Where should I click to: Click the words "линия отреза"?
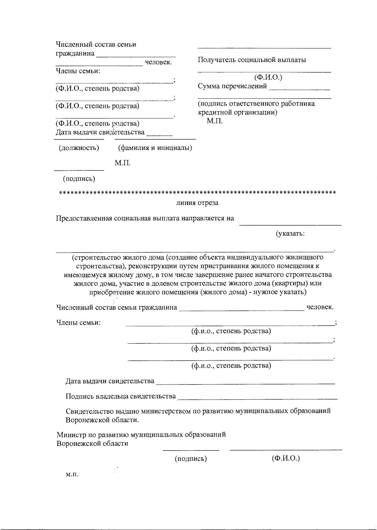[197, 203]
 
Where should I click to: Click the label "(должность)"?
[79, 148]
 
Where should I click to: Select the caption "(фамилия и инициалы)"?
[155, 148]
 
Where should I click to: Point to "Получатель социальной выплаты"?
[252, 60]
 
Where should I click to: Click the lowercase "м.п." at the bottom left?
[72, 474]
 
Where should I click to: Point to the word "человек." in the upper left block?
[158, 62]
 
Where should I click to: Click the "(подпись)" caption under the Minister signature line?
[191, 459]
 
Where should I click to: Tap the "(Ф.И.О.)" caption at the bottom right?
[286, 458]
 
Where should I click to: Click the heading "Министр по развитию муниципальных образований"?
[141, 435]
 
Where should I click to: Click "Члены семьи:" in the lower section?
[79, 322]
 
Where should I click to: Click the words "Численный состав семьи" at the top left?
[96, 44]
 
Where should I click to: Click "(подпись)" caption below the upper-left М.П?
[79, 179]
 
